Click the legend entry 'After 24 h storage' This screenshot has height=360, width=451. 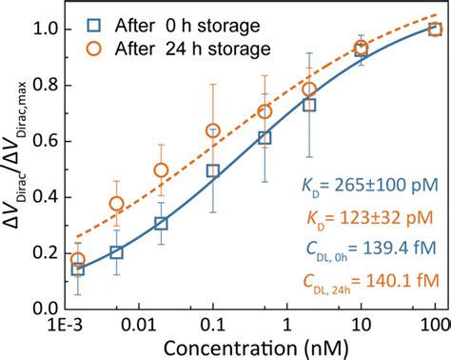[x=171, y=48]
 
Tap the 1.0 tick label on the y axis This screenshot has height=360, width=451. [x=41, y=30]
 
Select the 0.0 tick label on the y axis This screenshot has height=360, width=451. [x=41, y=309]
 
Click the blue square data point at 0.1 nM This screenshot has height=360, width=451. [x=213, y=171]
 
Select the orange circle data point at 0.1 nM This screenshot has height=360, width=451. [x=213, y=130]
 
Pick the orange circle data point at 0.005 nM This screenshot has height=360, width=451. [x=116, y=203]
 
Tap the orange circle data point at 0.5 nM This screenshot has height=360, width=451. [x=265, y=111]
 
